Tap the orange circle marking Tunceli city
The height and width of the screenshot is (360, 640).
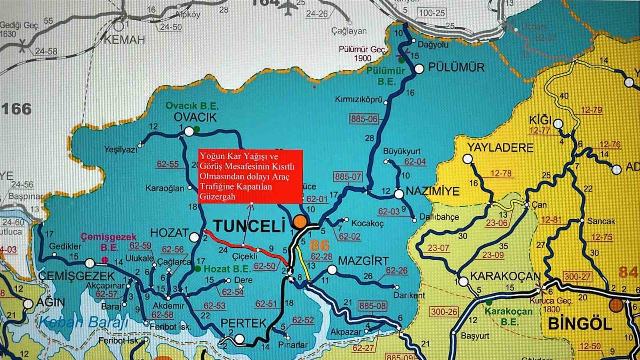click(300, 222)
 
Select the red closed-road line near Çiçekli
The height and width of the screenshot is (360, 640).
click(244, 245)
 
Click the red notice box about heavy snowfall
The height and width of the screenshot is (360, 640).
click(250, 176)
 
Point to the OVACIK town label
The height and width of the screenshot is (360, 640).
click(195, 117)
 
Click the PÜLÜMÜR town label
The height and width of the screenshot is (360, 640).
click(456, 67)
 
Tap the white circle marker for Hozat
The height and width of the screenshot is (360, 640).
click(194, 237)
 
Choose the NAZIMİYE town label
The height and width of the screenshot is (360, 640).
click(432, 192)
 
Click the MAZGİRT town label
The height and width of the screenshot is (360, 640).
click(363, 261)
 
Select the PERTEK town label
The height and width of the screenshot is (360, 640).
click(243, 323)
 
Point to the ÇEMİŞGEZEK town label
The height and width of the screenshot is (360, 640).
click(77, 276)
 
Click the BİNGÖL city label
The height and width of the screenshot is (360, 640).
click(580, 323)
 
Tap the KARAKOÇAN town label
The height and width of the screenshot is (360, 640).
click(505, 276)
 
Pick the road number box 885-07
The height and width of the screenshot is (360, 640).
click(348, 176)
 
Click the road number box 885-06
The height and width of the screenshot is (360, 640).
click(364, 119)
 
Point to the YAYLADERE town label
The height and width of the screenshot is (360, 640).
click(500, 148)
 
